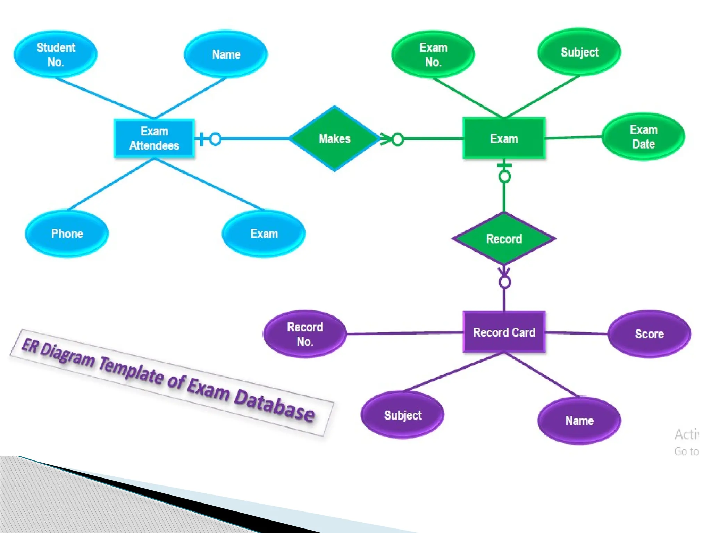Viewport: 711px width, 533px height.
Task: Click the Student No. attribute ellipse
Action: pyautogui.click(x=56, y=54)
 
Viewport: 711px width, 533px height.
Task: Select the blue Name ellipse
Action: pyautogui.click(x=226, y=54)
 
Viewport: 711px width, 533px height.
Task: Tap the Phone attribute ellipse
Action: pyautogui.click(x=67, y=234)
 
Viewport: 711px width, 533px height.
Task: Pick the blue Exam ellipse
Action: pyautogui.click(x=264, y=234)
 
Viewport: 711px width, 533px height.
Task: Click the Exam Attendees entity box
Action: pyautogui.click(x=154, y=138)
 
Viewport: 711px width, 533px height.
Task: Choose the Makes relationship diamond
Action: pyautogui.click(x=334, y=138)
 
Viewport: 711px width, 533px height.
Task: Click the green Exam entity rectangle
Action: pyautogui.click(x=504, y=138)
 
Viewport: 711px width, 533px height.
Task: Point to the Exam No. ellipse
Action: pyautogui.click(x=433, y=54)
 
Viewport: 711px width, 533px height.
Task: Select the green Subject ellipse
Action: pyautogui.click(x=579, y=52)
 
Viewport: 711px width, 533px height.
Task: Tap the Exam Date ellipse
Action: pyautogui.click(x=643, y=137)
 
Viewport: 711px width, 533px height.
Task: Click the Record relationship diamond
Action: pyautogui.click(x=504, y=239)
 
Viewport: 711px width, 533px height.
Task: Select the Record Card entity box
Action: pyautogui.click(x=504, y=332)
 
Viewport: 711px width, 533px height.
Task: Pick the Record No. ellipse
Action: pyautogui.click(x=305, y=334)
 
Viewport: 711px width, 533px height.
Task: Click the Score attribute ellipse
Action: pyautogui.click(x=649, y=334)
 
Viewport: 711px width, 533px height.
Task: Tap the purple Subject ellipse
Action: pyautogui.click(x=403, y=415)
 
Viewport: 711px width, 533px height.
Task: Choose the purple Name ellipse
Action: pyautogui.click(x=579, y=421)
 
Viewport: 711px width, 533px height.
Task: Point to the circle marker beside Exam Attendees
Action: pyautogui.click(x=215, y=139)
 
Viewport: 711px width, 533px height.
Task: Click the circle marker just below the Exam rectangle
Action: pyautogui.click(x=504, y=177)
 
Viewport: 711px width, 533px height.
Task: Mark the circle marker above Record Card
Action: pyautogui.click(x=504, y=282)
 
